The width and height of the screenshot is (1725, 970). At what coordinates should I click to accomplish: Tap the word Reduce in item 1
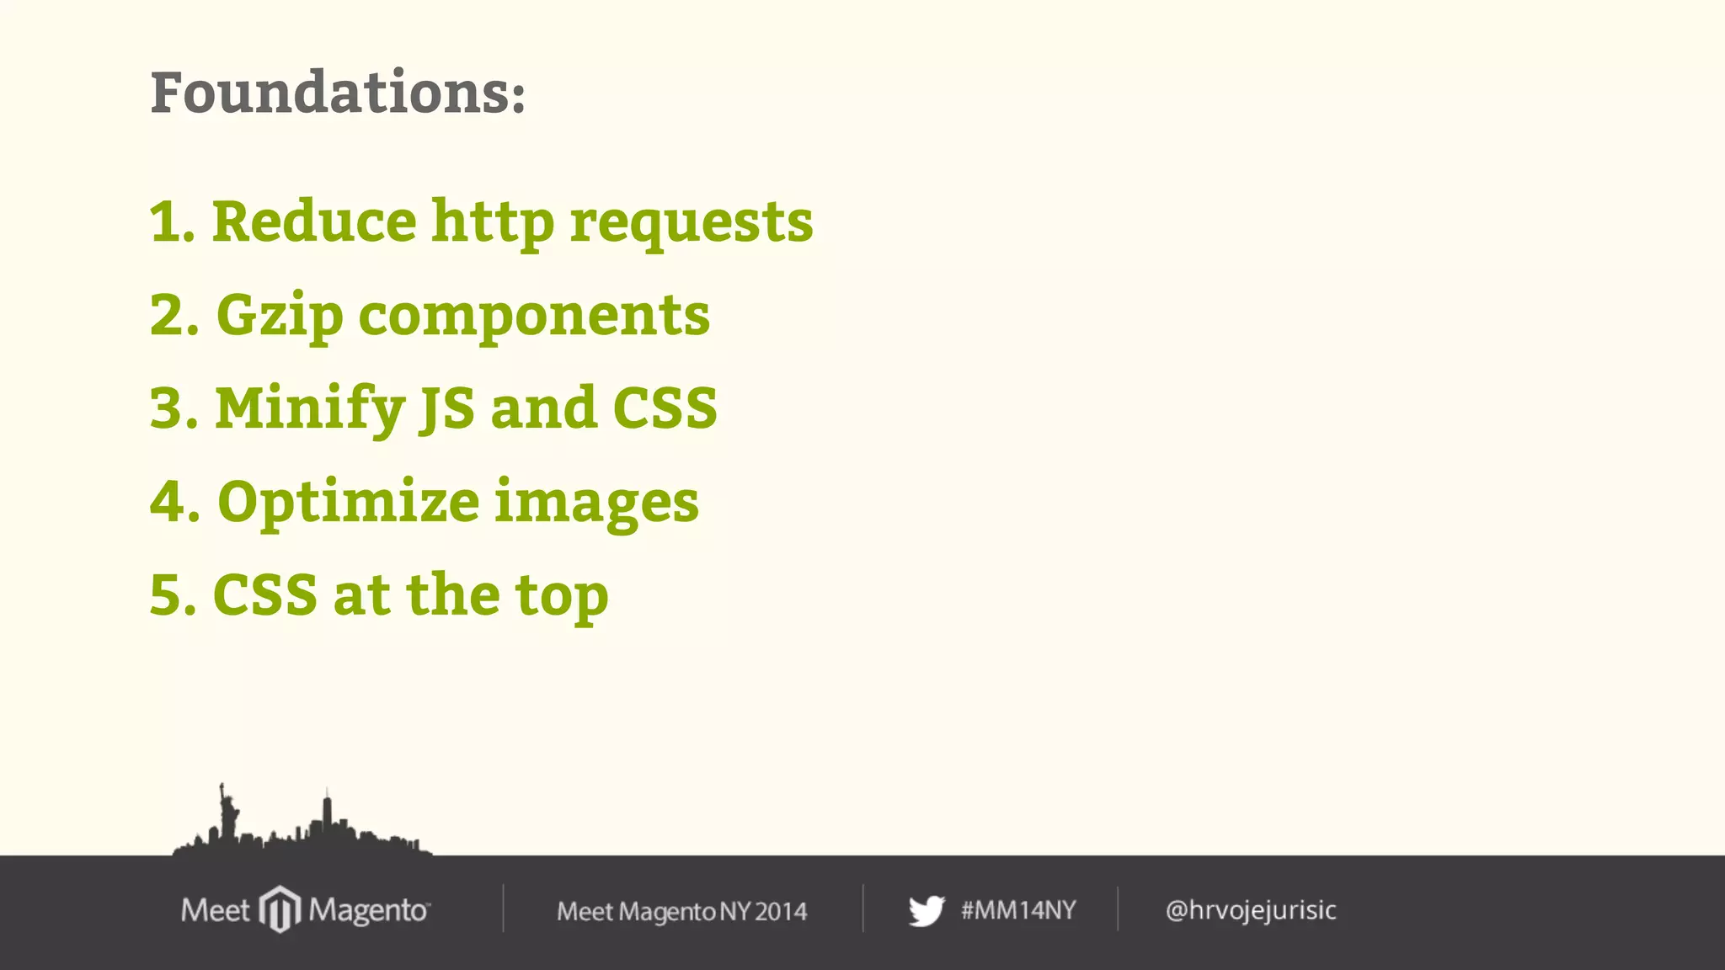314,221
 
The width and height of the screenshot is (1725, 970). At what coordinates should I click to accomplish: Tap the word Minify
310,409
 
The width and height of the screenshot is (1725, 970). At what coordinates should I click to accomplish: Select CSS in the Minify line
665,408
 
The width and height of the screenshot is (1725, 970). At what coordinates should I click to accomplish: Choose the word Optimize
349,503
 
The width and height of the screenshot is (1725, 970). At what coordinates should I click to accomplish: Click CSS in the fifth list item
265,595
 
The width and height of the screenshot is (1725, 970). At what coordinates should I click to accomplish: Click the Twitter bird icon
927,910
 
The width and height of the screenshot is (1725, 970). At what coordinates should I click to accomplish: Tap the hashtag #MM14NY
1018,910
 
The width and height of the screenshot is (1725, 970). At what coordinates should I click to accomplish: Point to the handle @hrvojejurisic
1251,910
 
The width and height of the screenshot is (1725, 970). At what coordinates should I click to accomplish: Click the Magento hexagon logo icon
280,909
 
